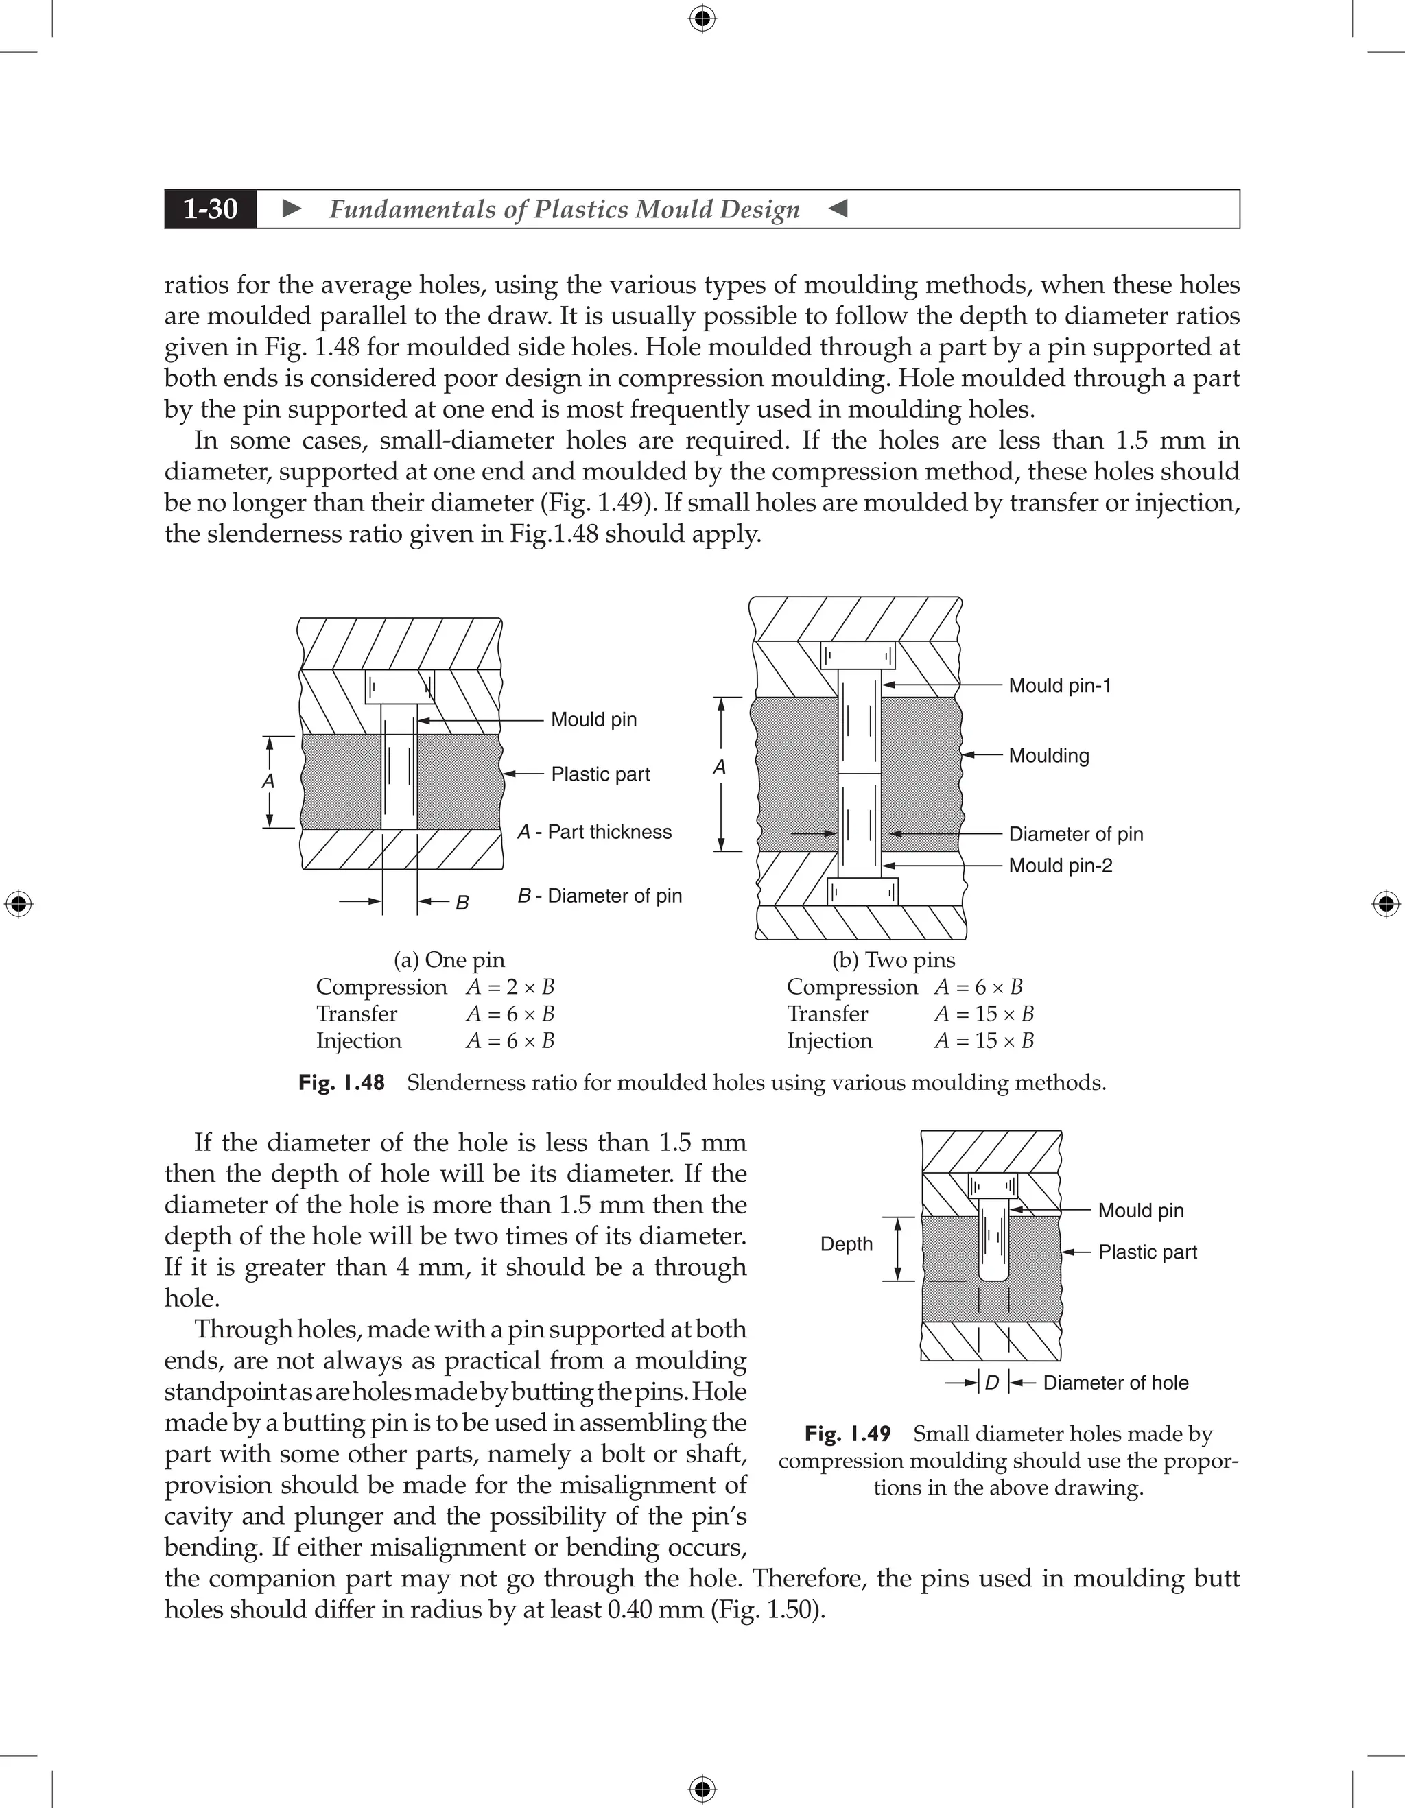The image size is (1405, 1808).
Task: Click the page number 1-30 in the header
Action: [211, 209]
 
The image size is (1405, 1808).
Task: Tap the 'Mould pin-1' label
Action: [1059, 685]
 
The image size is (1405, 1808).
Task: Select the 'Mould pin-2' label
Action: [1060, 865]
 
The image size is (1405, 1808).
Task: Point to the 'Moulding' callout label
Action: [1048, 755]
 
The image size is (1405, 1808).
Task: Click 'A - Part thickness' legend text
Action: [595, 832]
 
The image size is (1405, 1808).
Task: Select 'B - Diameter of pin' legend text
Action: [600, 896]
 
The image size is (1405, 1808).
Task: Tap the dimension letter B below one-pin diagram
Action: [462, 903]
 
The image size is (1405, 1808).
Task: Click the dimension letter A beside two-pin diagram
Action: [720, 768]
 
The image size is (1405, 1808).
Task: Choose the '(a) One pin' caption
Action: [449, 960]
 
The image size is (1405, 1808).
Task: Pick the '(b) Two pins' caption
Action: [893, 960]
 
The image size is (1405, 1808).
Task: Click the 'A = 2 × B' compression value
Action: [509, 987]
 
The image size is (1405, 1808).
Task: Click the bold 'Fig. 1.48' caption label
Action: [341, 1083]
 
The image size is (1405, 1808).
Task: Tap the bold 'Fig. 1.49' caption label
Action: [847, 1434]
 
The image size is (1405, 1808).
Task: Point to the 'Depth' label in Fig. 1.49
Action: [846, 1244]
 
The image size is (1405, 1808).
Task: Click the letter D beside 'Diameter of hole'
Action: [992, 1383]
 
